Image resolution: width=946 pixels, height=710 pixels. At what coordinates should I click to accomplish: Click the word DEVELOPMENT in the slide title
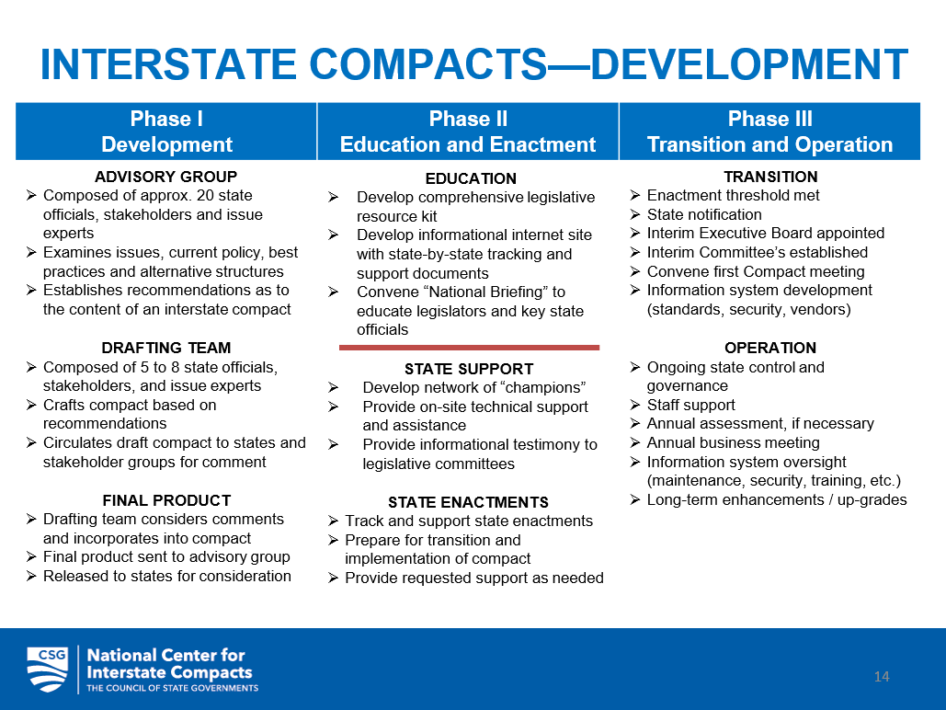click(x=748, y=64)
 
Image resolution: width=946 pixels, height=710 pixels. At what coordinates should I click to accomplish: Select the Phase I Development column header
click(x=166, y=132)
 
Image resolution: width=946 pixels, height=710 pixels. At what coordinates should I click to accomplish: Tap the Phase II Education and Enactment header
click(x=468, y=132)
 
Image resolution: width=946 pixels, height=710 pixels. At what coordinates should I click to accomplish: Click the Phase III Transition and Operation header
click(x=769, y=132)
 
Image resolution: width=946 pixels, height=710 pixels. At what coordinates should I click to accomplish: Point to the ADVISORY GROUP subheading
click(x=166, y=177)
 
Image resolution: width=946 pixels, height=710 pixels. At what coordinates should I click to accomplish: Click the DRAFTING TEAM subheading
click(x=166, y=348)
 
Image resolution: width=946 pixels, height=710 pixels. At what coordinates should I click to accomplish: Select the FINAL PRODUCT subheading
click(x=166, y=500)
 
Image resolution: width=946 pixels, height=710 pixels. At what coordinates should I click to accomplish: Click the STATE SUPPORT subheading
click(x=469, y=369)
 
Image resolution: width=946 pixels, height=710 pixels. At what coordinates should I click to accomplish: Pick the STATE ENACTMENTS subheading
click(x=468, y=502)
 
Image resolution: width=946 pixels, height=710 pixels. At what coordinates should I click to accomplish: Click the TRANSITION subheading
click(x=770, y=177)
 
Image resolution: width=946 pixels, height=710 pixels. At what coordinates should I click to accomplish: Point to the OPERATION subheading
click(x=770, y=348)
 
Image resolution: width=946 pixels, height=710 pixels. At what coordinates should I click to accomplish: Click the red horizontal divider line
click(x=469, y=348)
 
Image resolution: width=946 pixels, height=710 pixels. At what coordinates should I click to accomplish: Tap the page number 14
click(x=882, y=677)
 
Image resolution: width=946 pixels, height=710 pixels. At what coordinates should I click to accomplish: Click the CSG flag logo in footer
click(x=48, y=669)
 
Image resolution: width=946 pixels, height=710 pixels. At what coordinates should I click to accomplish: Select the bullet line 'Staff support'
click(x=690, y=405)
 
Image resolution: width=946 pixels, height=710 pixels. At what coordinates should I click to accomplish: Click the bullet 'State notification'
click(x=703, y=214)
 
